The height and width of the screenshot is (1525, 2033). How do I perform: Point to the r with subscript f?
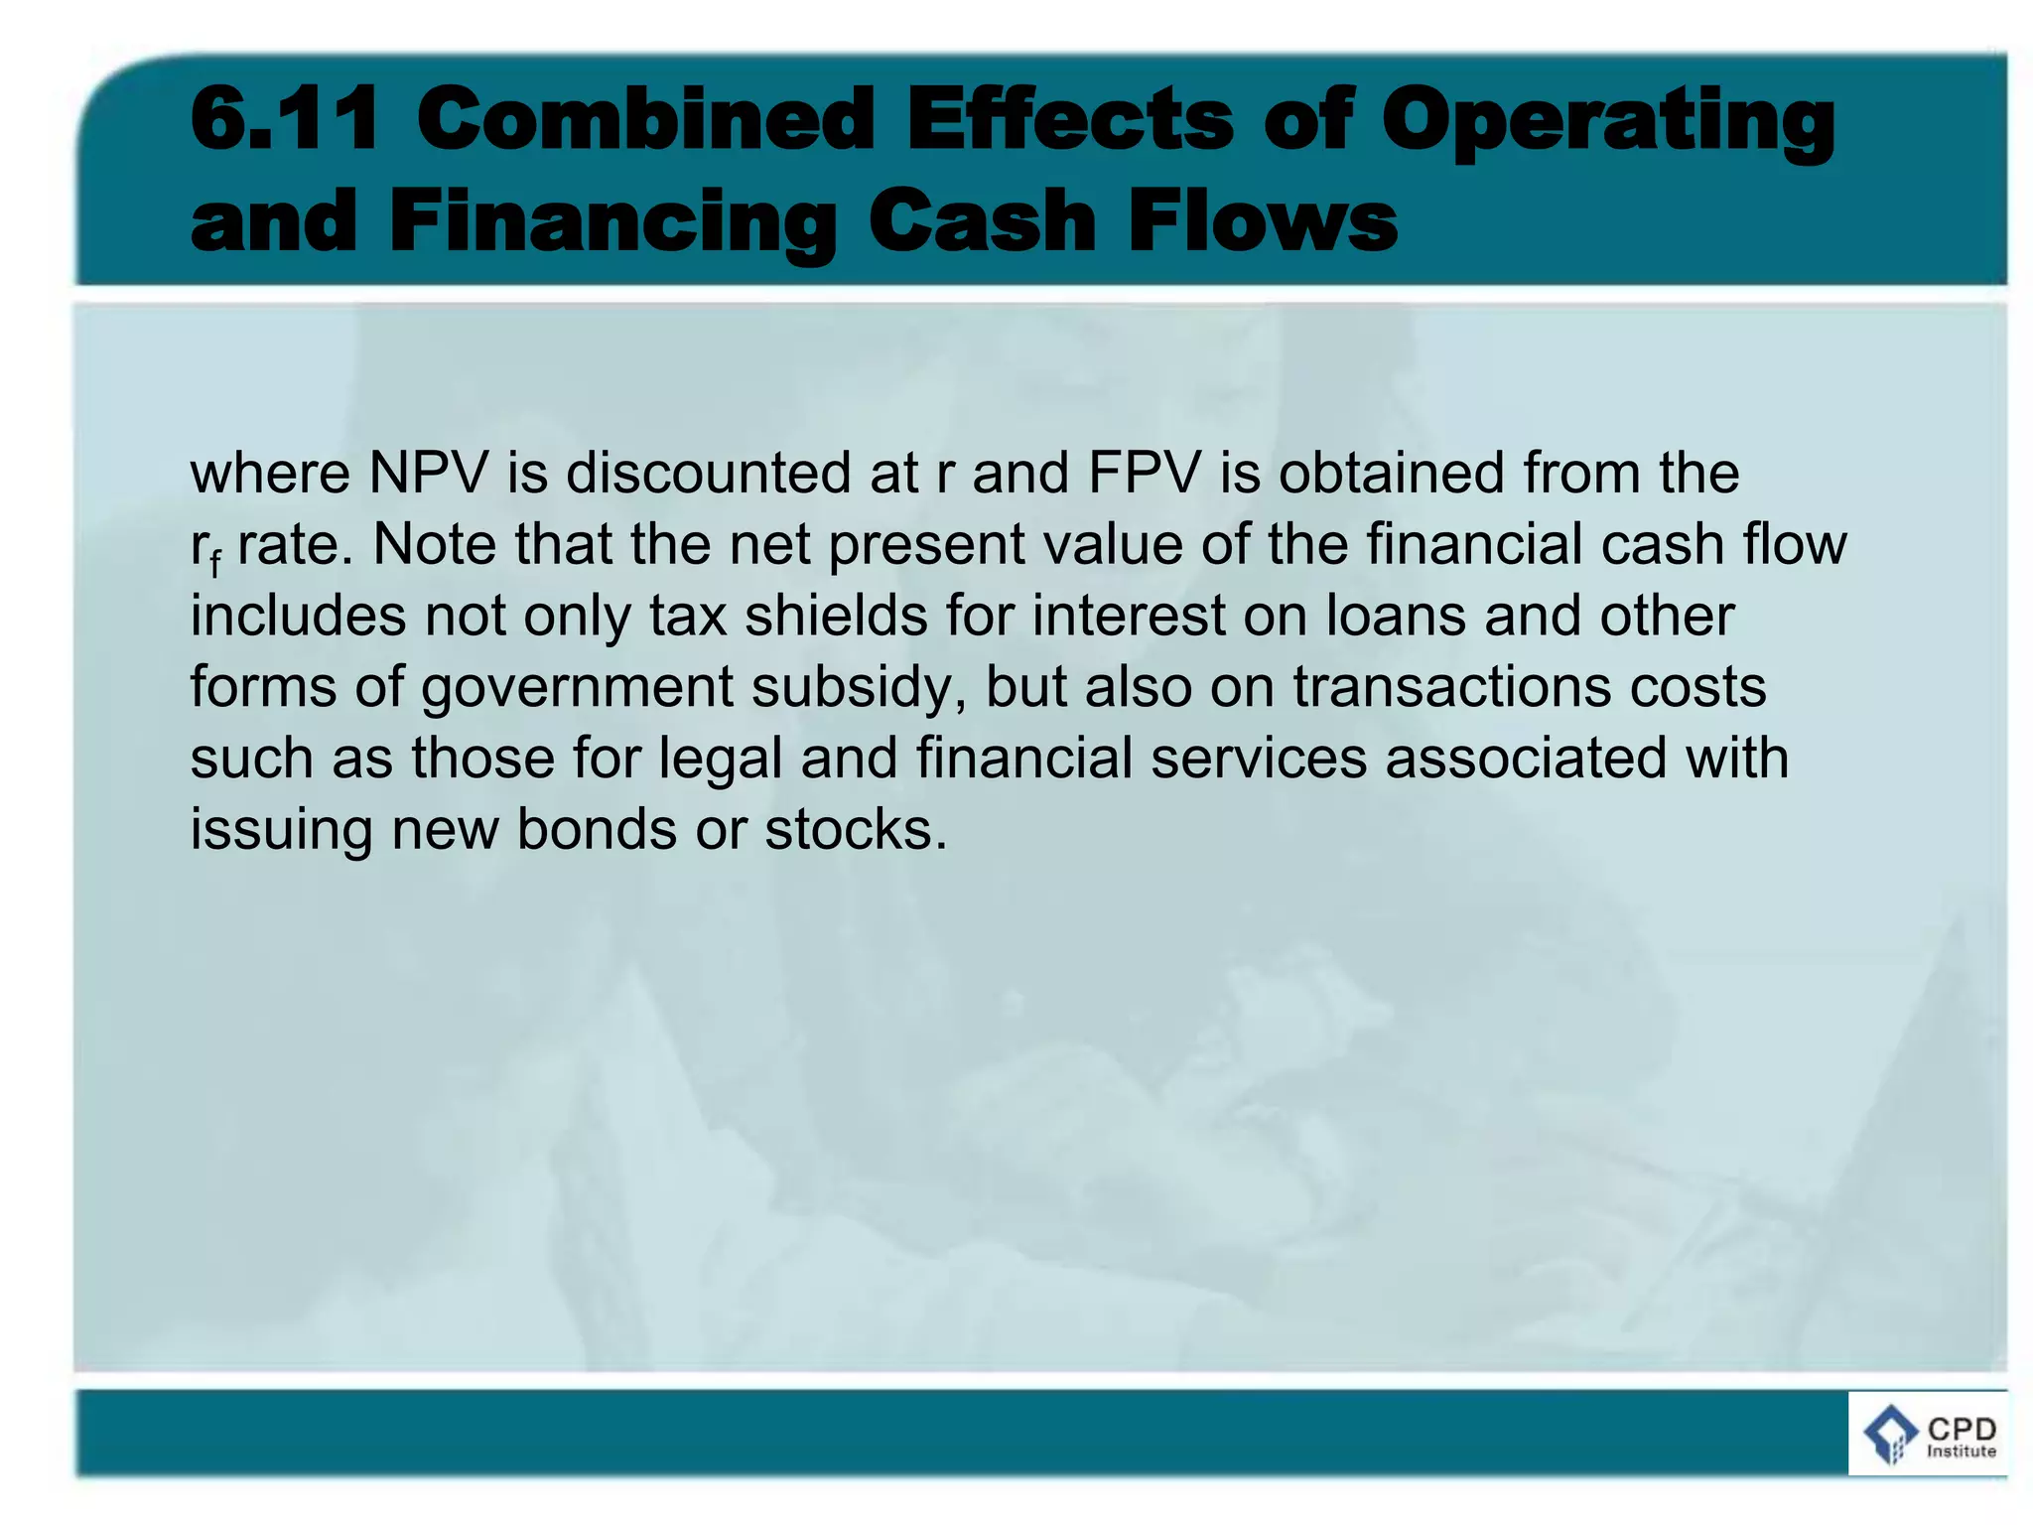[204, 549]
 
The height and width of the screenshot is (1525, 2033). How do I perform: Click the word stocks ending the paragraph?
[855, 830]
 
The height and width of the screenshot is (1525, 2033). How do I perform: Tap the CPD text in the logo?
[1961, 1429]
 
